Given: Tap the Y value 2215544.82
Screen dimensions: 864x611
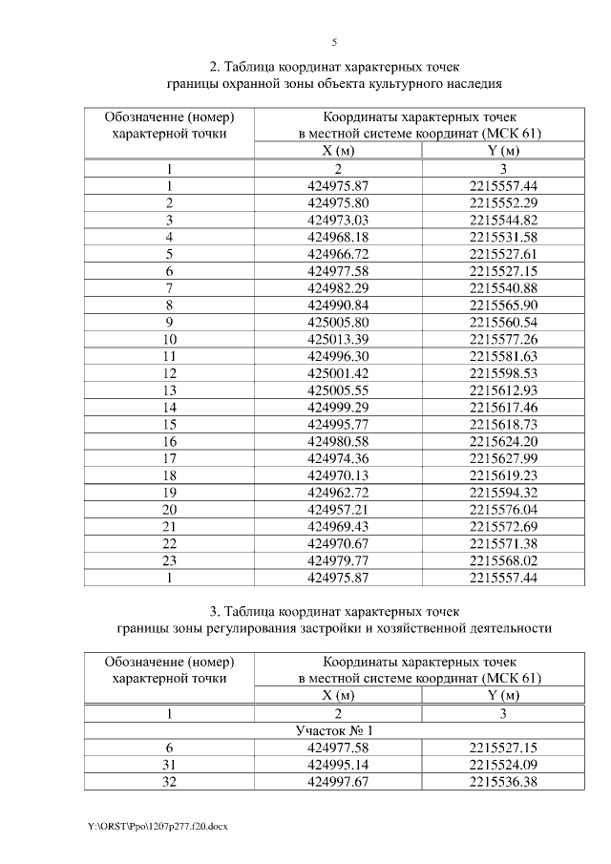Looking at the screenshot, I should click(503, 220).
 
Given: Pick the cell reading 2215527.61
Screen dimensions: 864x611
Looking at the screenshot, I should click(503, 253).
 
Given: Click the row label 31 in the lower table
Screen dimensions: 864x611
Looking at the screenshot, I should click(169, 764).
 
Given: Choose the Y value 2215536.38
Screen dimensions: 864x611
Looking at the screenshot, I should click(503, 781).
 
